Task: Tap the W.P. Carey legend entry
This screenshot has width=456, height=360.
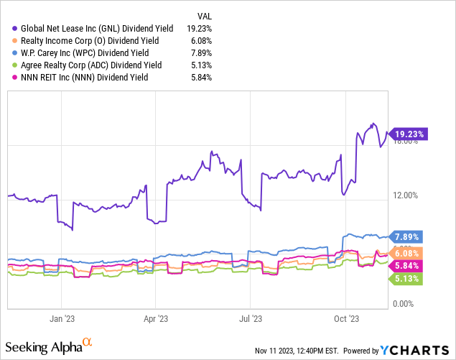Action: coord(80,52)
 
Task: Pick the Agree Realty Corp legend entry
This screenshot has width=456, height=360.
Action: coord(83,65)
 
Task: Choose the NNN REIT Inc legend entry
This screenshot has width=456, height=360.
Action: coord(75,77)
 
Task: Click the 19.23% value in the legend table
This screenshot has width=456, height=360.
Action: coord(200,28)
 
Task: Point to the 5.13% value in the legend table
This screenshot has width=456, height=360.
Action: coord(202,65)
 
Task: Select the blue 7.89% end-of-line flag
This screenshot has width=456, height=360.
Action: coord(406,236)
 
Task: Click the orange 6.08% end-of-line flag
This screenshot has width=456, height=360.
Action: coord(406,253)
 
